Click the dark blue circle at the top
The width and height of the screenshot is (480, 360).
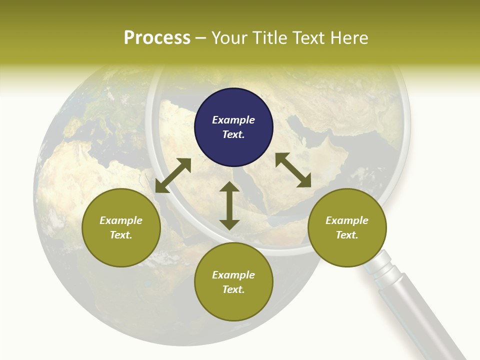pyautogui.click(x=233, y=127)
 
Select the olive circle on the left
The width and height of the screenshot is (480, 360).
pyautogui.click(x=121, y=227)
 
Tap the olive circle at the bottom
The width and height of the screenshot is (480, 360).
pyautogui.click(x=233, y=282)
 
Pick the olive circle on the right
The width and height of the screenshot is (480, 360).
pyautogui.click(x=346, y=227)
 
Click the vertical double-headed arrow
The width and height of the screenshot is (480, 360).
pyautogui.click(x=229, y=205)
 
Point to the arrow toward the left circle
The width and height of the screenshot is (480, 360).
pyautogui.click(x=173, y=175)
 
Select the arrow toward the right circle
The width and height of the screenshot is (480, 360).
pyautogui.click(x=293, y=170)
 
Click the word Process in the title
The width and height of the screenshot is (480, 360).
pyautogui.click(x=157, y=38)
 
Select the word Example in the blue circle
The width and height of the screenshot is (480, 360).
pyautogui.click(x=233, y=120)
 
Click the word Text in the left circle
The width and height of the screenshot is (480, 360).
pyautogui.click(x=121, y=235)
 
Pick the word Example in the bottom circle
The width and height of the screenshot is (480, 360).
pyautogui.click(x=233, y=275)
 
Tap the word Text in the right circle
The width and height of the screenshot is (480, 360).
pyautogui.click(x=346, y=235)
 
